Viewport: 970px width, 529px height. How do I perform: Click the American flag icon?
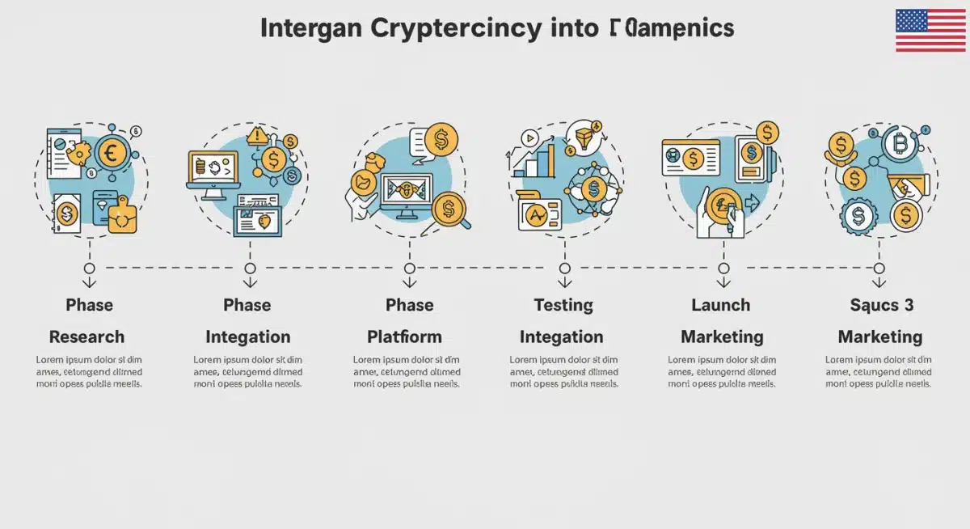point(930,31)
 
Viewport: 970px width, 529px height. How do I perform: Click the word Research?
point(86,336)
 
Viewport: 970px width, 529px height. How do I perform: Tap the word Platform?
point(404,336)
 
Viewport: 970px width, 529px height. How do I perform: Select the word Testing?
point(563,305)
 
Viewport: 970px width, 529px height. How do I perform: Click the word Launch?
point(720,305)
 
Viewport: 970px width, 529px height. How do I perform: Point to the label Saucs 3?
point(881,305)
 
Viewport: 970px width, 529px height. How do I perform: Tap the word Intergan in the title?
point(311,28)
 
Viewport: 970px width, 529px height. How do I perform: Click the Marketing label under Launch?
point(721,336)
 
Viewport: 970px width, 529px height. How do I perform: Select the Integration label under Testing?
point(561,336)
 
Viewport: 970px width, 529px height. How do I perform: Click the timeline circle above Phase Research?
point(90,268)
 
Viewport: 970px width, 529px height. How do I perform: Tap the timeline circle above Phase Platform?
point(409,268)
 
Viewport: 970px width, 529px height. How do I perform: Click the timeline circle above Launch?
point(722,268)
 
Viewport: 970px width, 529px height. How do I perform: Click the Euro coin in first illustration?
point(112,153)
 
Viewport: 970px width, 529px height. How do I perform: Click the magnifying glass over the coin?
point(449,212)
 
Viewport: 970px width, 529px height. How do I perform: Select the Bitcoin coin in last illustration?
point(899,146)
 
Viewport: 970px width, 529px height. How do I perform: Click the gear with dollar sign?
point(856,216)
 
